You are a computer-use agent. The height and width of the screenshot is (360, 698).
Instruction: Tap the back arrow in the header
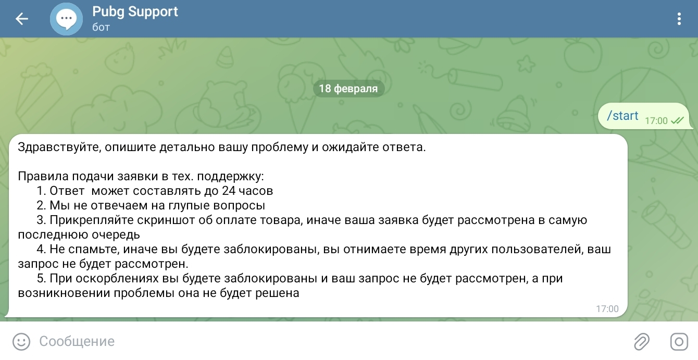(22, 19)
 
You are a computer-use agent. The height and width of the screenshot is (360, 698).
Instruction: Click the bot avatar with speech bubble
(66, 19)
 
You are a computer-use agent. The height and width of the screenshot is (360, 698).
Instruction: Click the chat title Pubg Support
(135, 12)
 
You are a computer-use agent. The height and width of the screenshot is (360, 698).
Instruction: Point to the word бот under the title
(101, 27)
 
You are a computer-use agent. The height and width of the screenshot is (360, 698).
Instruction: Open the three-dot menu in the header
(679, 19)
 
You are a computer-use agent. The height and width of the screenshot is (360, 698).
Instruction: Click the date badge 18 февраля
(348, 89)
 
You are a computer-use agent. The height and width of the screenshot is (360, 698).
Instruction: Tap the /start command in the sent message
(622, 116)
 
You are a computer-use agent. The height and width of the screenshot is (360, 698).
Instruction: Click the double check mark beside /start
(677, 120)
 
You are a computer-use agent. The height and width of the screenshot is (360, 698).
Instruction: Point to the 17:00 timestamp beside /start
(656, 121)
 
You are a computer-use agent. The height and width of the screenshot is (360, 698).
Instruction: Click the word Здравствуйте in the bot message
(59, 147)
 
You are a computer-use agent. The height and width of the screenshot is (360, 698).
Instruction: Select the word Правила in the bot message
(43, 176)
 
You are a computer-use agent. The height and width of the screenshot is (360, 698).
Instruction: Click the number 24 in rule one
(228, 191)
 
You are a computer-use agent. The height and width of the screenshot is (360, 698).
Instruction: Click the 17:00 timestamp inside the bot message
(607, 308)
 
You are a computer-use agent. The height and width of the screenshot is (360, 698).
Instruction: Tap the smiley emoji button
(21, 341)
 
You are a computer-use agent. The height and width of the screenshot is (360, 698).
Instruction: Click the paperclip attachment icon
(642, 341)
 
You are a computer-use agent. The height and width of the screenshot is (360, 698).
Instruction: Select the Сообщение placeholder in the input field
(77, 341)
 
